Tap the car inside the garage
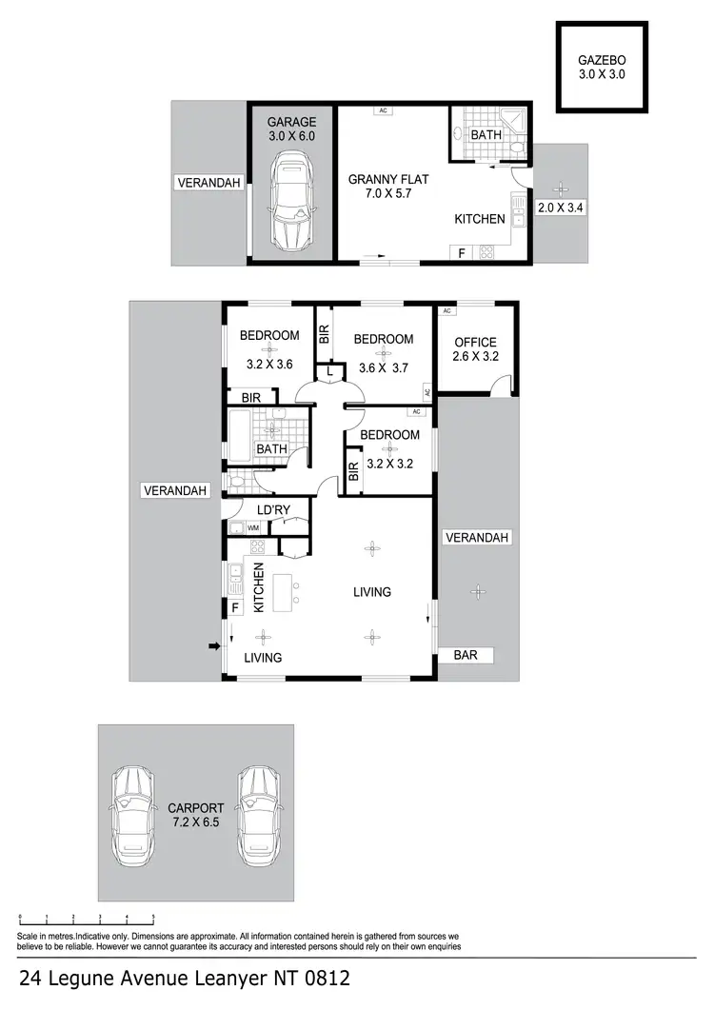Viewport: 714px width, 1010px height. point(291,201)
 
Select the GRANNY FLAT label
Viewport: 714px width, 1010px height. point(388,179)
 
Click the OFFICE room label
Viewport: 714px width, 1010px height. point(475,343)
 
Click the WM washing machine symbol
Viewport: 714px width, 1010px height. point(253,526)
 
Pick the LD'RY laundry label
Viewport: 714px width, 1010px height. point(273,510)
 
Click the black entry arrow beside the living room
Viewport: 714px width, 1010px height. point(213,648)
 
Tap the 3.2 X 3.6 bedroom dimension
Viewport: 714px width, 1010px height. point(268,363)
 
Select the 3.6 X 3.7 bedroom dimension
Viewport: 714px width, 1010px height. point(383,368)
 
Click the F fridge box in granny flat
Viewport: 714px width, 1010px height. point(462,253)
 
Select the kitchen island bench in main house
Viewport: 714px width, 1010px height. point(283,593)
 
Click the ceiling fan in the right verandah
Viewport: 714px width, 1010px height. point(474,591)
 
